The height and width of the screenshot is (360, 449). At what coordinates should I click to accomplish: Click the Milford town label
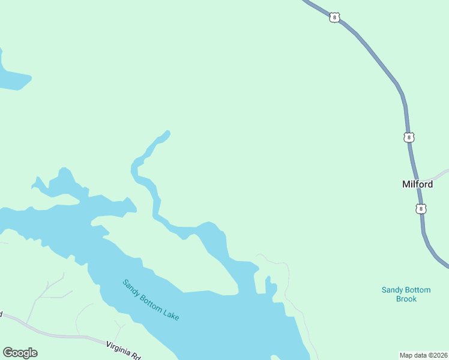point(417,184)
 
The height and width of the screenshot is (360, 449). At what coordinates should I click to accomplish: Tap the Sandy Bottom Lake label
point(151,299)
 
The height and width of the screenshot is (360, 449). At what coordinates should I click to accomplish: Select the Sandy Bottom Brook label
point(406,294)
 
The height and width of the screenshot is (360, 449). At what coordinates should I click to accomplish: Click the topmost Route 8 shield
point(334,17)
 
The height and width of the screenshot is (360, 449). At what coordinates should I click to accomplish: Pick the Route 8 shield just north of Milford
point(409,137)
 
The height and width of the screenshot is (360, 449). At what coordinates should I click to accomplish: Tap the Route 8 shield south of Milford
point(421,209)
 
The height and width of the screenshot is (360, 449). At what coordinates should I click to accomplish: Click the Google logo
point(20,353)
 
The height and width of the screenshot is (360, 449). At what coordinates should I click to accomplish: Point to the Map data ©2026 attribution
point(423,355)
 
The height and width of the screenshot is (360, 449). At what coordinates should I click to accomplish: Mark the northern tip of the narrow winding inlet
point(167,133)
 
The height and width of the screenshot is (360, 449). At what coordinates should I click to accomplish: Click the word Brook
point(406,299)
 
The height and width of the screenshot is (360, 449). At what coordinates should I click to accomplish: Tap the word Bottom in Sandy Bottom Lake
point(151,299)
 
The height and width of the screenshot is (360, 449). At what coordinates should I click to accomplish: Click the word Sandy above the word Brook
point(393,290)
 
